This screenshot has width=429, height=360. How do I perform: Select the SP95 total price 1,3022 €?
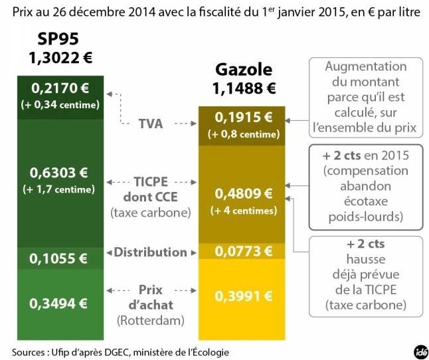(60, 58)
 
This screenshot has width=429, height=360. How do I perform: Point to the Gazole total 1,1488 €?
(244, 87)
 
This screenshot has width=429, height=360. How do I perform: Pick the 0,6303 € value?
(59, 173)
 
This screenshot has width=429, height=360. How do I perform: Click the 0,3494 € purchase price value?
(59, 303)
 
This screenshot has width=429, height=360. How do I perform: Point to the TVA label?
(150, 124)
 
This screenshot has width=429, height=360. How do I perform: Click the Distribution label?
(150, 252)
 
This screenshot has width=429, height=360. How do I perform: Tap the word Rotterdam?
(151, 320)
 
